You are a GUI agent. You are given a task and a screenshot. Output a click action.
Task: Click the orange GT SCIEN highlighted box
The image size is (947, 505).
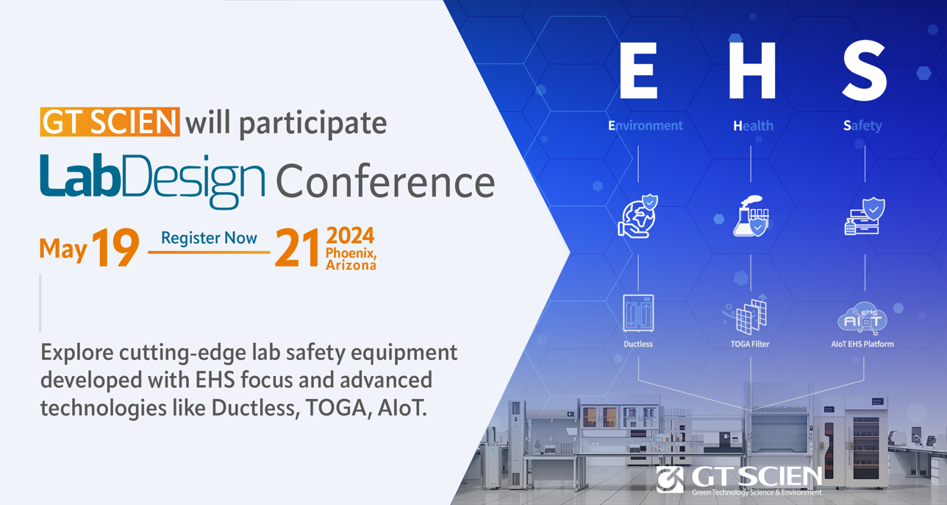click(110, 122)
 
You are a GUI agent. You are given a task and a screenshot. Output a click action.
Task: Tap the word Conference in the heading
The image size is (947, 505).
click(385, 182)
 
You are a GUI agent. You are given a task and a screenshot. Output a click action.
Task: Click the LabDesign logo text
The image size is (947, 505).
click(153, 181)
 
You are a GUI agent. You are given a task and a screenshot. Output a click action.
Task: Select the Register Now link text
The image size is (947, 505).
click(209, 238)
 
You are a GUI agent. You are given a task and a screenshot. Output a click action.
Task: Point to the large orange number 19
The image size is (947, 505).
click(115, 247)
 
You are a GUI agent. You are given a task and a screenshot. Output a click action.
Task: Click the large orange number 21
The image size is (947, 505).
click(297, 247)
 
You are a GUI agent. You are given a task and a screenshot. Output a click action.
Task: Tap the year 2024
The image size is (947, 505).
click(350, 236)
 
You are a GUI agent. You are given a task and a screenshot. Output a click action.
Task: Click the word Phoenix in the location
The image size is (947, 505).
click(351, 253)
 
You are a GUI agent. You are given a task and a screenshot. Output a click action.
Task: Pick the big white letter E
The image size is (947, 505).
click(638, 70)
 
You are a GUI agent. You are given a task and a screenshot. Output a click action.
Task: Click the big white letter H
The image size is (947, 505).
click(752, 70)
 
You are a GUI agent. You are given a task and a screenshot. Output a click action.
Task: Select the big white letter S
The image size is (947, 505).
click(864, 70)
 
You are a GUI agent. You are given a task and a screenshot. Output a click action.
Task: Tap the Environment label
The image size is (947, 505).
click(645, 125)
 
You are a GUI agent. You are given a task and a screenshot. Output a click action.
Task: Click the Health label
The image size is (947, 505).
click(753, 125)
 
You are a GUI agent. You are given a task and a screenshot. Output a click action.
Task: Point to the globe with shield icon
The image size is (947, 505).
click(638, 216)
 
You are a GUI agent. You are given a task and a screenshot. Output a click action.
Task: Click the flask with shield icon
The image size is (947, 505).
click(751, 216)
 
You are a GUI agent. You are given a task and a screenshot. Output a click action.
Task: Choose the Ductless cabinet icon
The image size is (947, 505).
click(638, 314)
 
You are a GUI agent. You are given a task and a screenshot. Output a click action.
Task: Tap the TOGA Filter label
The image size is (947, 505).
click(750, 344)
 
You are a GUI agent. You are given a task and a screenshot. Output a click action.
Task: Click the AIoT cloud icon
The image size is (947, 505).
click(862, 317)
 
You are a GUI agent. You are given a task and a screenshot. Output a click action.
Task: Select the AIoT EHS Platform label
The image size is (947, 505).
click(862, 344)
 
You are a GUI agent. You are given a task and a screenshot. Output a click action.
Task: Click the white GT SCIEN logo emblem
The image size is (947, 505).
click(670, 479)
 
